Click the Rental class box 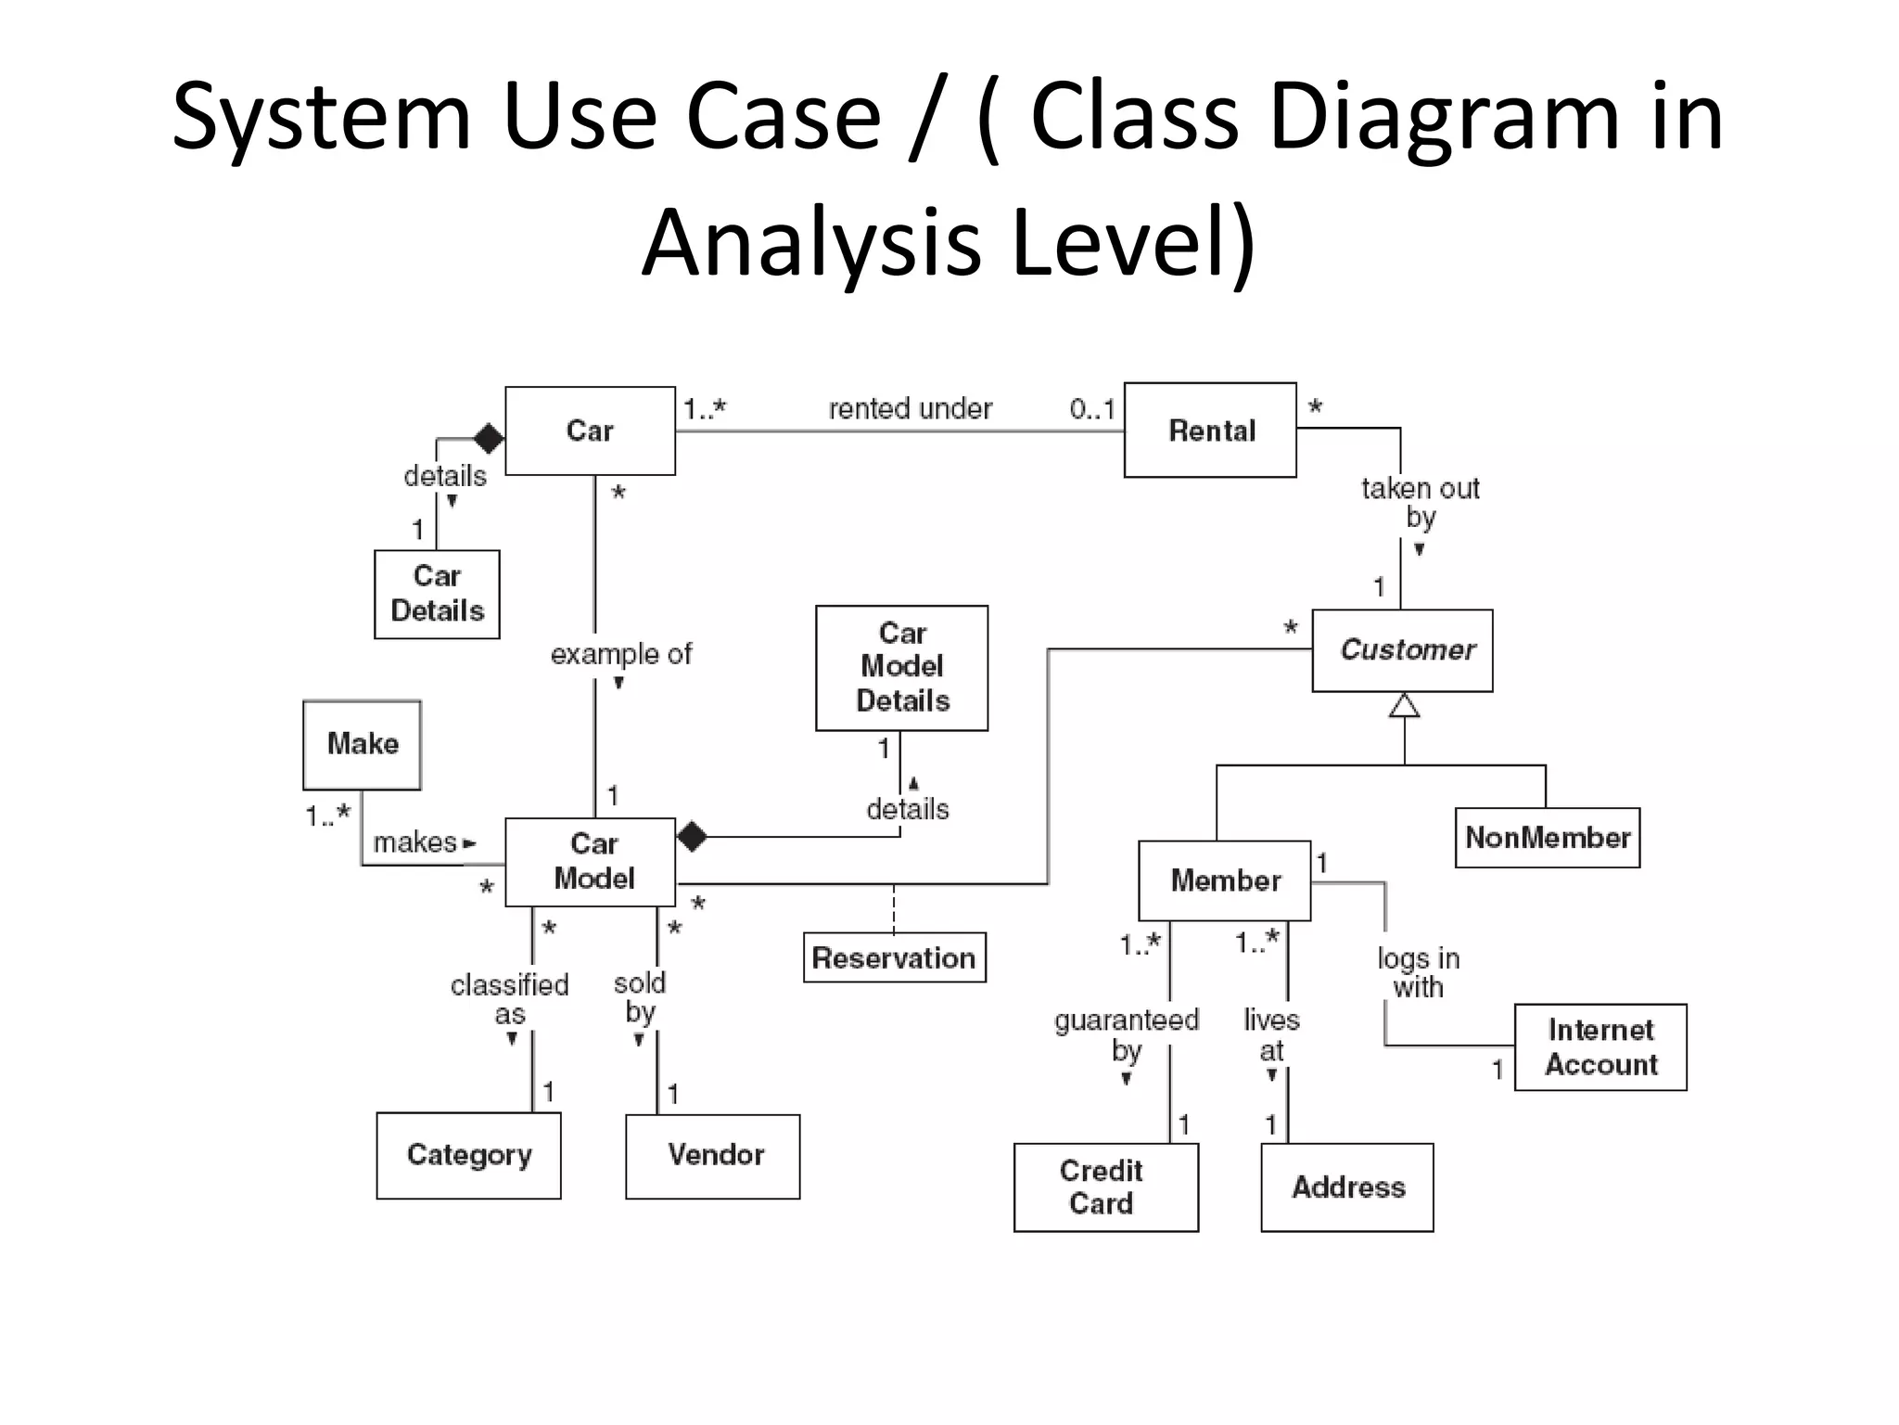1210,430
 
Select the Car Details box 437,594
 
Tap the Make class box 362,744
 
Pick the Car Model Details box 901,667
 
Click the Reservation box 894,957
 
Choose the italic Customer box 1402,650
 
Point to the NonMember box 1547,838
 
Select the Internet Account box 1600,1046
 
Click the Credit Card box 1105,1187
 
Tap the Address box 1347,1187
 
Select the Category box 468,1156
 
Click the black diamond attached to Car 489,438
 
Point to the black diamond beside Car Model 692,837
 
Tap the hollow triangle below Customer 1404,706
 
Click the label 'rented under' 910,409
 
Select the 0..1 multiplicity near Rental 1091,409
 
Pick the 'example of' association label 620,654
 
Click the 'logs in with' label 1418,972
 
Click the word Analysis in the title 811,243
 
